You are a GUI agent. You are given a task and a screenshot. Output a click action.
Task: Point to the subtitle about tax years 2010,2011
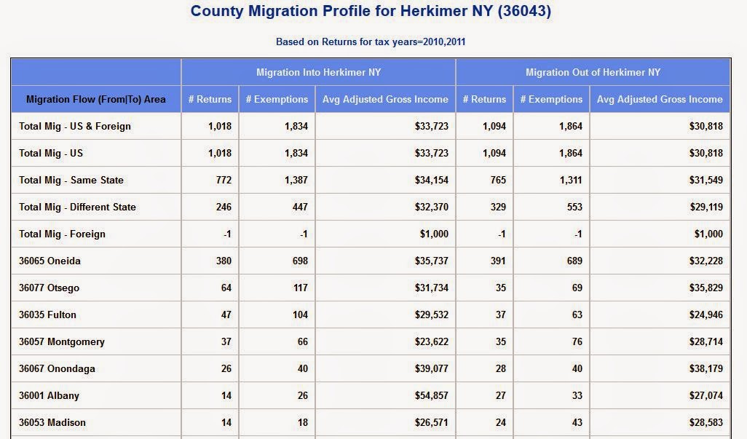click(371, 42)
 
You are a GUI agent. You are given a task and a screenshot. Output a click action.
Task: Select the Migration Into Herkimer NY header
click(319, 72)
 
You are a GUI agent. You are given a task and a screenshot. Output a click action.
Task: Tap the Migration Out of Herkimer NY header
click(593, 72)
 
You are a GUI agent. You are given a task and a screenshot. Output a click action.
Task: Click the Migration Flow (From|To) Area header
click(96, 100)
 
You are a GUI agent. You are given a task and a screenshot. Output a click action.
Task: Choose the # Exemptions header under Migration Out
click(551, 100)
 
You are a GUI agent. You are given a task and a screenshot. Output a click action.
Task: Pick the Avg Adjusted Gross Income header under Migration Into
click(385, 100)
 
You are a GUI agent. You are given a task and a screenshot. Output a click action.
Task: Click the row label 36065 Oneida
click(50, 261)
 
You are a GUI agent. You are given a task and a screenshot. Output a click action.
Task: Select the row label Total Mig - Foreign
click(63, 234)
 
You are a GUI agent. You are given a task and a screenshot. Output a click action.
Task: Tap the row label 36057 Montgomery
click(62, 342)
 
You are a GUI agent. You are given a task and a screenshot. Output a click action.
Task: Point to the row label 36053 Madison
click(52, 423)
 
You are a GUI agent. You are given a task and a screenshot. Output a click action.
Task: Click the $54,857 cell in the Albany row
click(432, 395)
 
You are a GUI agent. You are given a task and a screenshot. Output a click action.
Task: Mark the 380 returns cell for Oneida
click(224, 261)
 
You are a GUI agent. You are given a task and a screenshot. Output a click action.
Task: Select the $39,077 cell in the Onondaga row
click(432, 368)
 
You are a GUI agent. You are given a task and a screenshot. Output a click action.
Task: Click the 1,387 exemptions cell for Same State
click(296, 180)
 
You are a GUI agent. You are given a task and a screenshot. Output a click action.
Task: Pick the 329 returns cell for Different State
click(498, 207)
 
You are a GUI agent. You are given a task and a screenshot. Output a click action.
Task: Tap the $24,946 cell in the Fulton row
click(706, 315)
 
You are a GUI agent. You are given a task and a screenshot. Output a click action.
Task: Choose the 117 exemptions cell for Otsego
click(301, 288)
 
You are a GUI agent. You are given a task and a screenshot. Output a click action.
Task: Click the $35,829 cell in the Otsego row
click(706, 288)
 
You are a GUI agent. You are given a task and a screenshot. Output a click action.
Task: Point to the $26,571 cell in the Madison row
click(432, 423)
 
